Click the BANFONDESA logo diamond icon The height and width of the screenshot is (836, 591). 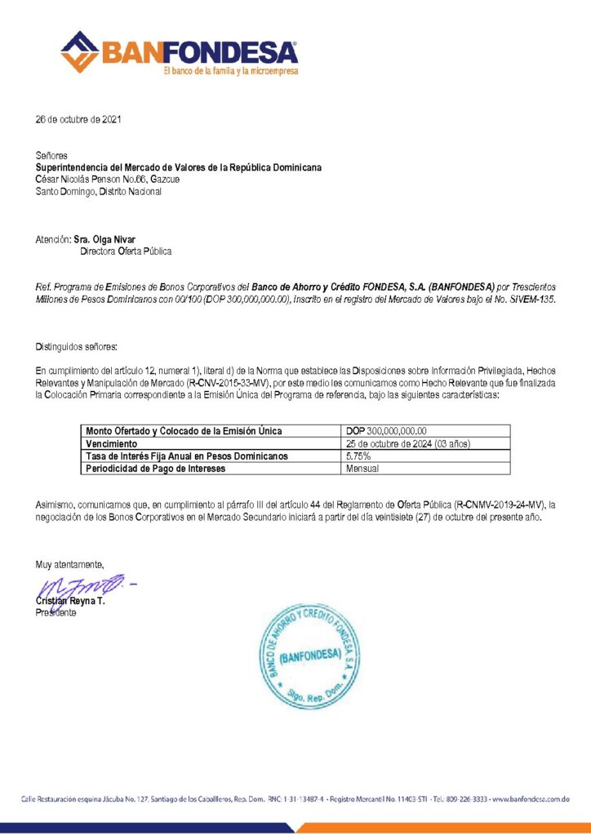tap(78, 52)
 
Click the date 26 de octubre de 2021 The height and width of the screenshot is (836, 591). tap(78, 120)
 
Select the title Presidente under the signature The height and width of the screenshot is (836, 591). tap(56, 612)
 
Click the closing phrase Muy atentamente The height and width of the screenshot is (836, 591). tap(69, 564)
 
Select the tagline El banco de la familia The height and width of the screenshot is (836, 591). tap(231, 71)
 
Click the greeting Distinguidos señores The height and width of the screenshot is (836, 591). tap(77, 348)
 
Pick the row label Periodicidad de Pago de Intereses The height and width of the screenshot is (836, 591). tap(155, 469)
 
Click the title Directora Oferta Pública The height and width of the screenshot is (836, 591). tap(125, 251)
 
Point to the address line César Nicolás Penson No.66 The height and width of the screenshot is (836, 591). tap(107, 179)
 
